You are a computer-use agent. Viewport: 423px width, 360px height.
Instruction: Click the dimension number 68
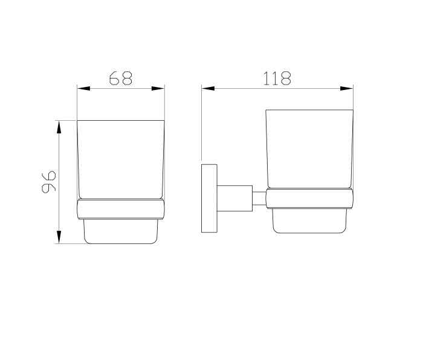(121, 78)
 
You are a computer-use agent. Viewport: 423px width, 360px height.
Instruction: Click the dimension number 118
(277, 78)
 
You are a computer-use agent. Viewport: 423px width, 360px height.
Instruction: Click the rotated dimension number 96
(49, 181)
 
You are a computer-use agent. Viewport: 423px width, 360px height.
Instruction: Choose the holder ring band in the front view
(121, 208)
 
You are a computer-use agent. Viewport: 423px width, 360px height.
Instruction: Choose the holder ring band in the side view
(309, 199)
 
